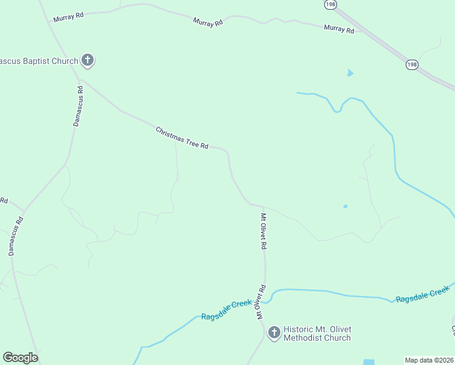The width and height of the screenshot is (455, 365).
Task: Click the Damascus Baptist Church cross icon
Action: pos(88,60)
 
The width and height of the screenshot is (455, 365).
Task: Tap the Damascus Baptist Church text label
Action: pos(39,61)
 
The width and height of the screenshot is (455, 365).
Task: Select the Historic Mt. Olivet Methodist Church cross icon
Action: pos(274,332)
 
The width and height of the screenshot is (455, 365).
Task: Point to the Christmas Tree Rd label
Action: pos(182,138)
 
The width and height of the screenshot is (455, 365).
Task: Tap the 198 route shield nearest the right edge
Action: pos(412,64)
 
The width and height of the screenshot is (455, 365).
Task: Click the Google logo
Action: pos(20,358)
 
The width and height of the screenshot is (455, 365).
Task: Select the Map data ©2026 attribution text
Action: pos(429,360)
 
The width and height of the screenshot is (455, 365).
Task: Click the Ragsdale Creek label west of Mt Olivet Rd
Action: pos(226,309)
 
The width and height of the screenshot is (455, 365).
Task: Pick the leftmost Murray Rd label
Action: pos(68,17)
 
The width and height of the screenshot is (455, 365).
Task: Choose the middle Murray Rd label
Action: pos(208,22)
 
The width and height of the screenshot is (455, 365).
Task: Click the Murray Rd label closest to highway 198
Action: pos(339,28)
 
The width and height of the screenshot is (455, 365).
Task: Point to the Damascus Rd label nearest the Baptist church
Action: pos(78,106)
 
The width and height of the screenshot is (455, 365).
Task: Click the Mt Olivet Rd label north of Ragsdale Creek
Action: pos(264,231)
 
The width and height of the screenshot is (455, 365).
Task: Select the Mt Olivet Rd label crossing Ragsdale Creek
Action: pos(261,302)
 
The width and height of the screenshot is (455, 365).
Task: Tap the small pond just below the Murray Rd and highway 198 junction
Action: pos(350,74)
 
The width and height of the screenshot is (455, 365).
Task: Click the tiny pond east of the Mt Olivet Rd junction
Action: pos(346,206)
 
